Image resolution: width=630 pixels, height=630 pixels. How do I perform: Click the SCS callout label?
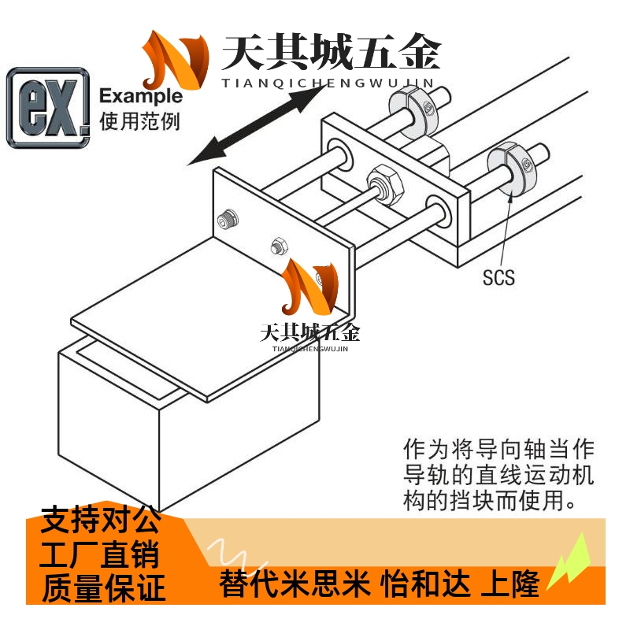point(498,276)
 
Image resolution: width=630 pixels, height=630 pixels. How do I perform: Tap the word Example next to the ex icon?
point(141,97)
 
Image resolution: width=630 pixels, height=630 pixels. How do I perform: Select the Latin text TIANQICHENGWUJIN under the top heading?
point(330,82)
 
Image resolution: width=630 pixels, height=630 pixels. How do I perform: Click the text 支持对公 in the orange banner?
point(100,521)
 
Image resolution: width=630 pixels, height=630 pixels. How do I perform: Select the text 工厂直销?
point(100,555)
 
